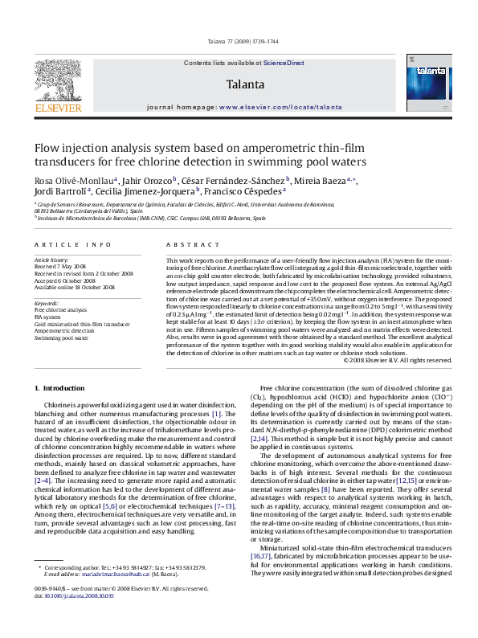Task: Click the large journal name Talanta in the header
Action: point(244,84)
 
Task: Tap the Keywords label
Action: point(45,302)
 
